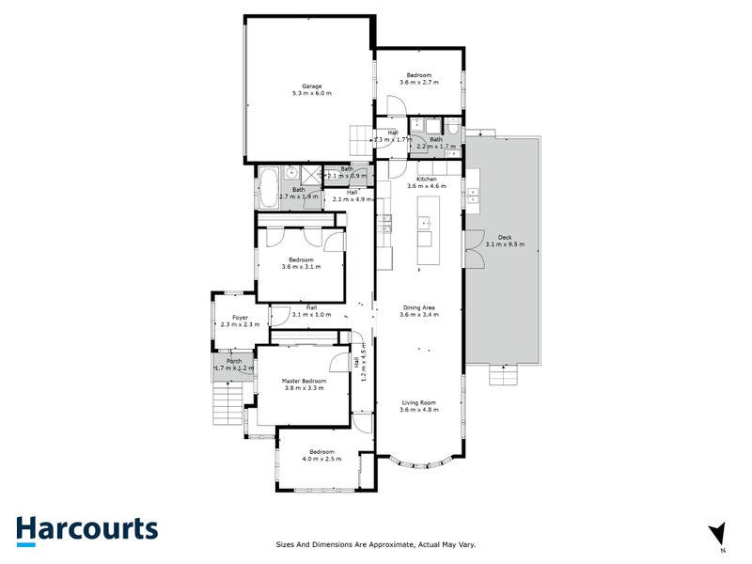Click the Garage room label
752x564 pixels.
[311, 86]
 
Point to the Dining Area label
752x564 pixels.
[419, 307]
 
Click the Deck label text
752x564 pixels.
[504, 238]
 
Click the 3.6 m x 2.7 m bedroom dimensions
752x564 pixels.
[419, 83]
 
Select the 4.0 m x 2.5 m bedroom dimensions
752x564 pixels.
[321, 459]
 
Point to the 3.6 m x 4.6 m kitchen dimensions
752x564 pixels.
[427, 186]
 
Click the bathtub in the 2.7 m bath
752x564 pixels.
[268, 188]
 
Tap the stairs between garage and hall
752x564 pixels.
[361, 142]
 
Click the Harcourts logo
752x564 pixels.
[86, 528]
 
